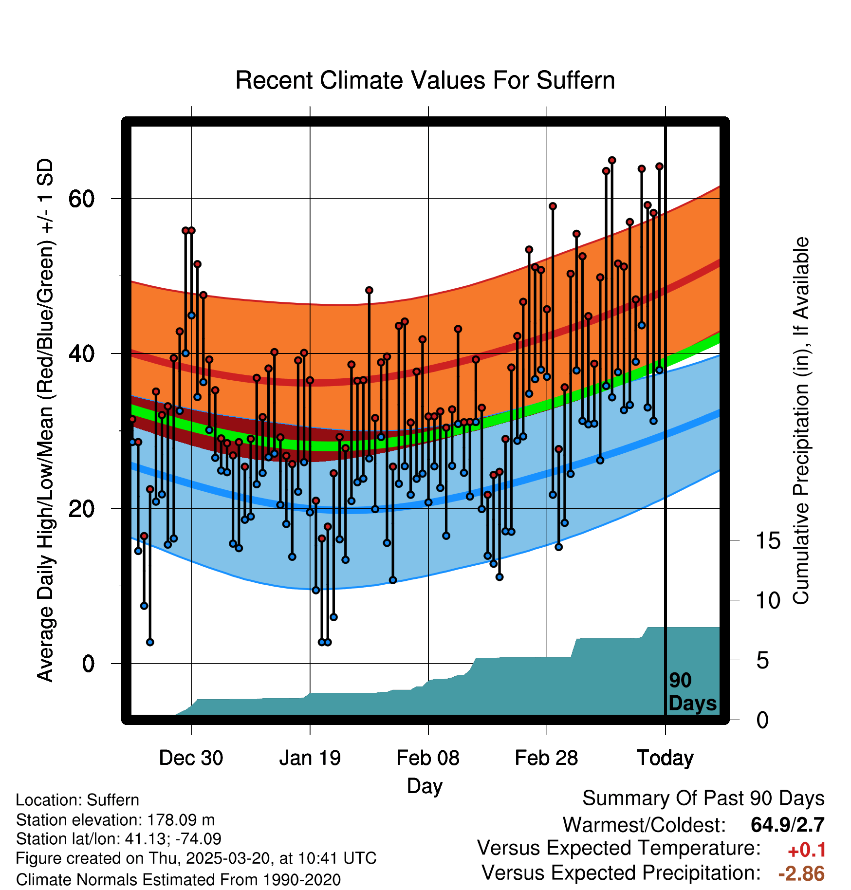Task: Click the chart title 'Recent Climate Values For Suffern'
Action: (x=425, y=80)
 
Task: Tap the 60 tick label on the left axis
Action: (x=81, y=199)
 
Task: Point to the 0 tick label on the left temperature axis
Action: (x=88, y=664)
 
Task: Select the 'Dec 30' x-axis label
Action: (x=191, y=758)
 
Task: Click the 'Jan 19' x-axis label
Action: (x=310, y=758)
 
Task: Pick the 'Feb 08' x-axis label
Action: (x=428, y=758)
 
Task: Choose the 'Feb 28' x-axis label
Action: (x=546, y=758)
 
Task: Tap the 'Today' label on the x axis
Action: (x=665, y=758)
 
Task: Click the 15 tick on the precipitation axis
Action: (x=768, y=541)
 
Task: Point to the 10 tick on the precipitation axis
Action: (x=768, y=601)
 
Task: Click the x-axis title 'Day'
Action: (x=425, y=785)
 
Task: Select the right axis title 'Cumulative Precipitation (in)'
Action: (x=801, y=421)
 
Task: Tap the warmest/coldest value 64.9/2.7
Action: (x=787, y=825)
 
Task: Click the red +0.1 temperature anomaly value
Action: (x=807, y=850)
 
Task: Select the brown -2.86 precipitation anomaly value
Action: (x=801, y=873)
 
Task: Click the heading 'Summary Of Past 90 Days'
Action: (x=703, y=798)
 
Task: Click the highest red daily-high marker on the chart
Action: (x=612, y=161)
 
